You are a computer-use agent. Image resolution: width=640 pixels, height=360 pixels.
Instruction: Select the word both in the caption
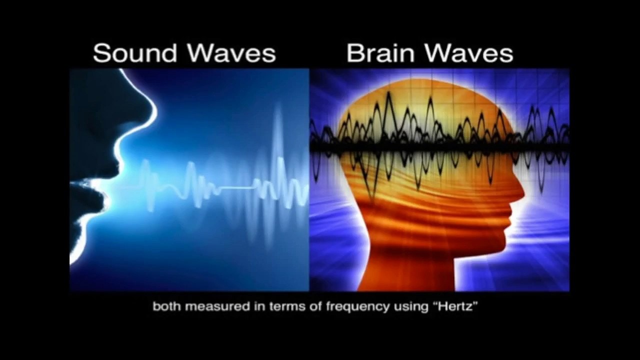pos(167,306)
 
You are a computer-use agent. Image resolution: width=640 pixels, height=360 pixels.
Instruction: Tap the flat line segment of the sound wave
pos(235,188)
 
